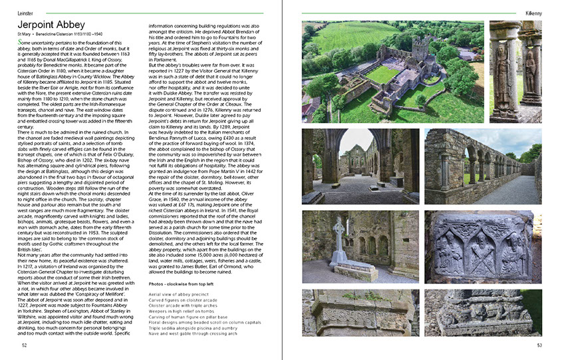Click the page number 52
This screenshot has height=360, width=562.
pos(24,345)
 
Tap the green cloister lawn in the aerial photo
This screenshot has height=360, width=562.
pos(382,73)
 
